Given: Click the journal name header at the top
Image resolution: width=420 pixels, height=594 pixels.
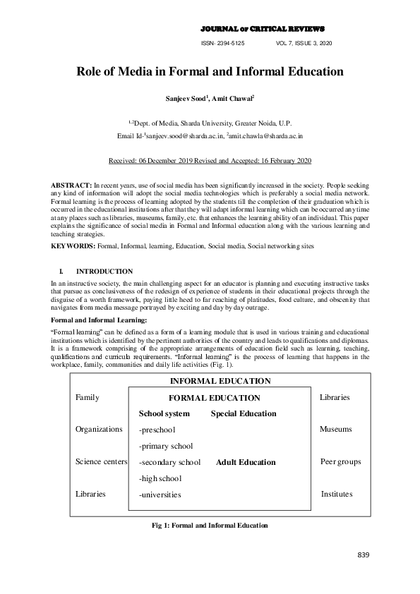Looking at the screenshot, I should click(263, 29).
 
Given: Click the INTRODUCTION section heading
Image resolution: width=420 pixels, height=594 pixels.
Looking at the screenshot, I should click(104, 271).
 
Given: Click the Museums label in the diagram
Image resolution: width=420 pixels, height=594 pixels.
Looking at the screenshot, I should click(335, 429).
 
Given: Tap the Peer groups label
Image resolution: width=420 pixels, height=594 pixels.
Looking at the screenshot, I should click(340, 461).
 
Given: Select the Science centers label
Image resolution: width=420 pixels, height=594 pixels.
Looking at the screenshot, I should click(101, 461).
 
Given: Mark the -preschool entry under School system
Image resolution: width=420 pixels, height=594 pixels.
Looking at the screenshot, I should click(158, 430).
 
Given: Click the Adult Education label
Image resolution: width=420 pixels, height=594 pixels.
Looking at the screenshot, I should click(246, 462).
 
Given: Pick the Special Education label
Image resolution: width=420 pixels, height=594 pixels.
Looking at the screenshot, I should click(243, 413).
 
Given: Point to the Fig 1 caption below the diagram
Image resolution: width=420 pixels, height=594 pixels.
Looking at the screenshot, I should click(210, 526).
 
